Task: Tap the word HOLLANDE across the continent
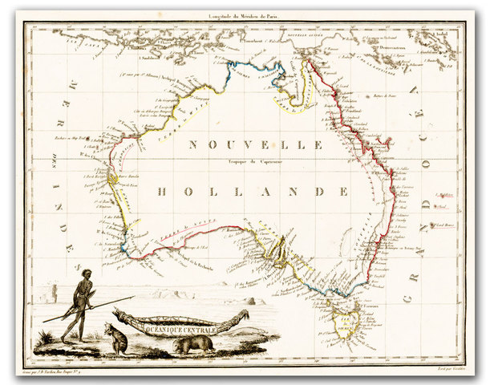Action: point(253,192)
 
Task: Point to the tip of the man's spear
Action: point(133,297)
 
